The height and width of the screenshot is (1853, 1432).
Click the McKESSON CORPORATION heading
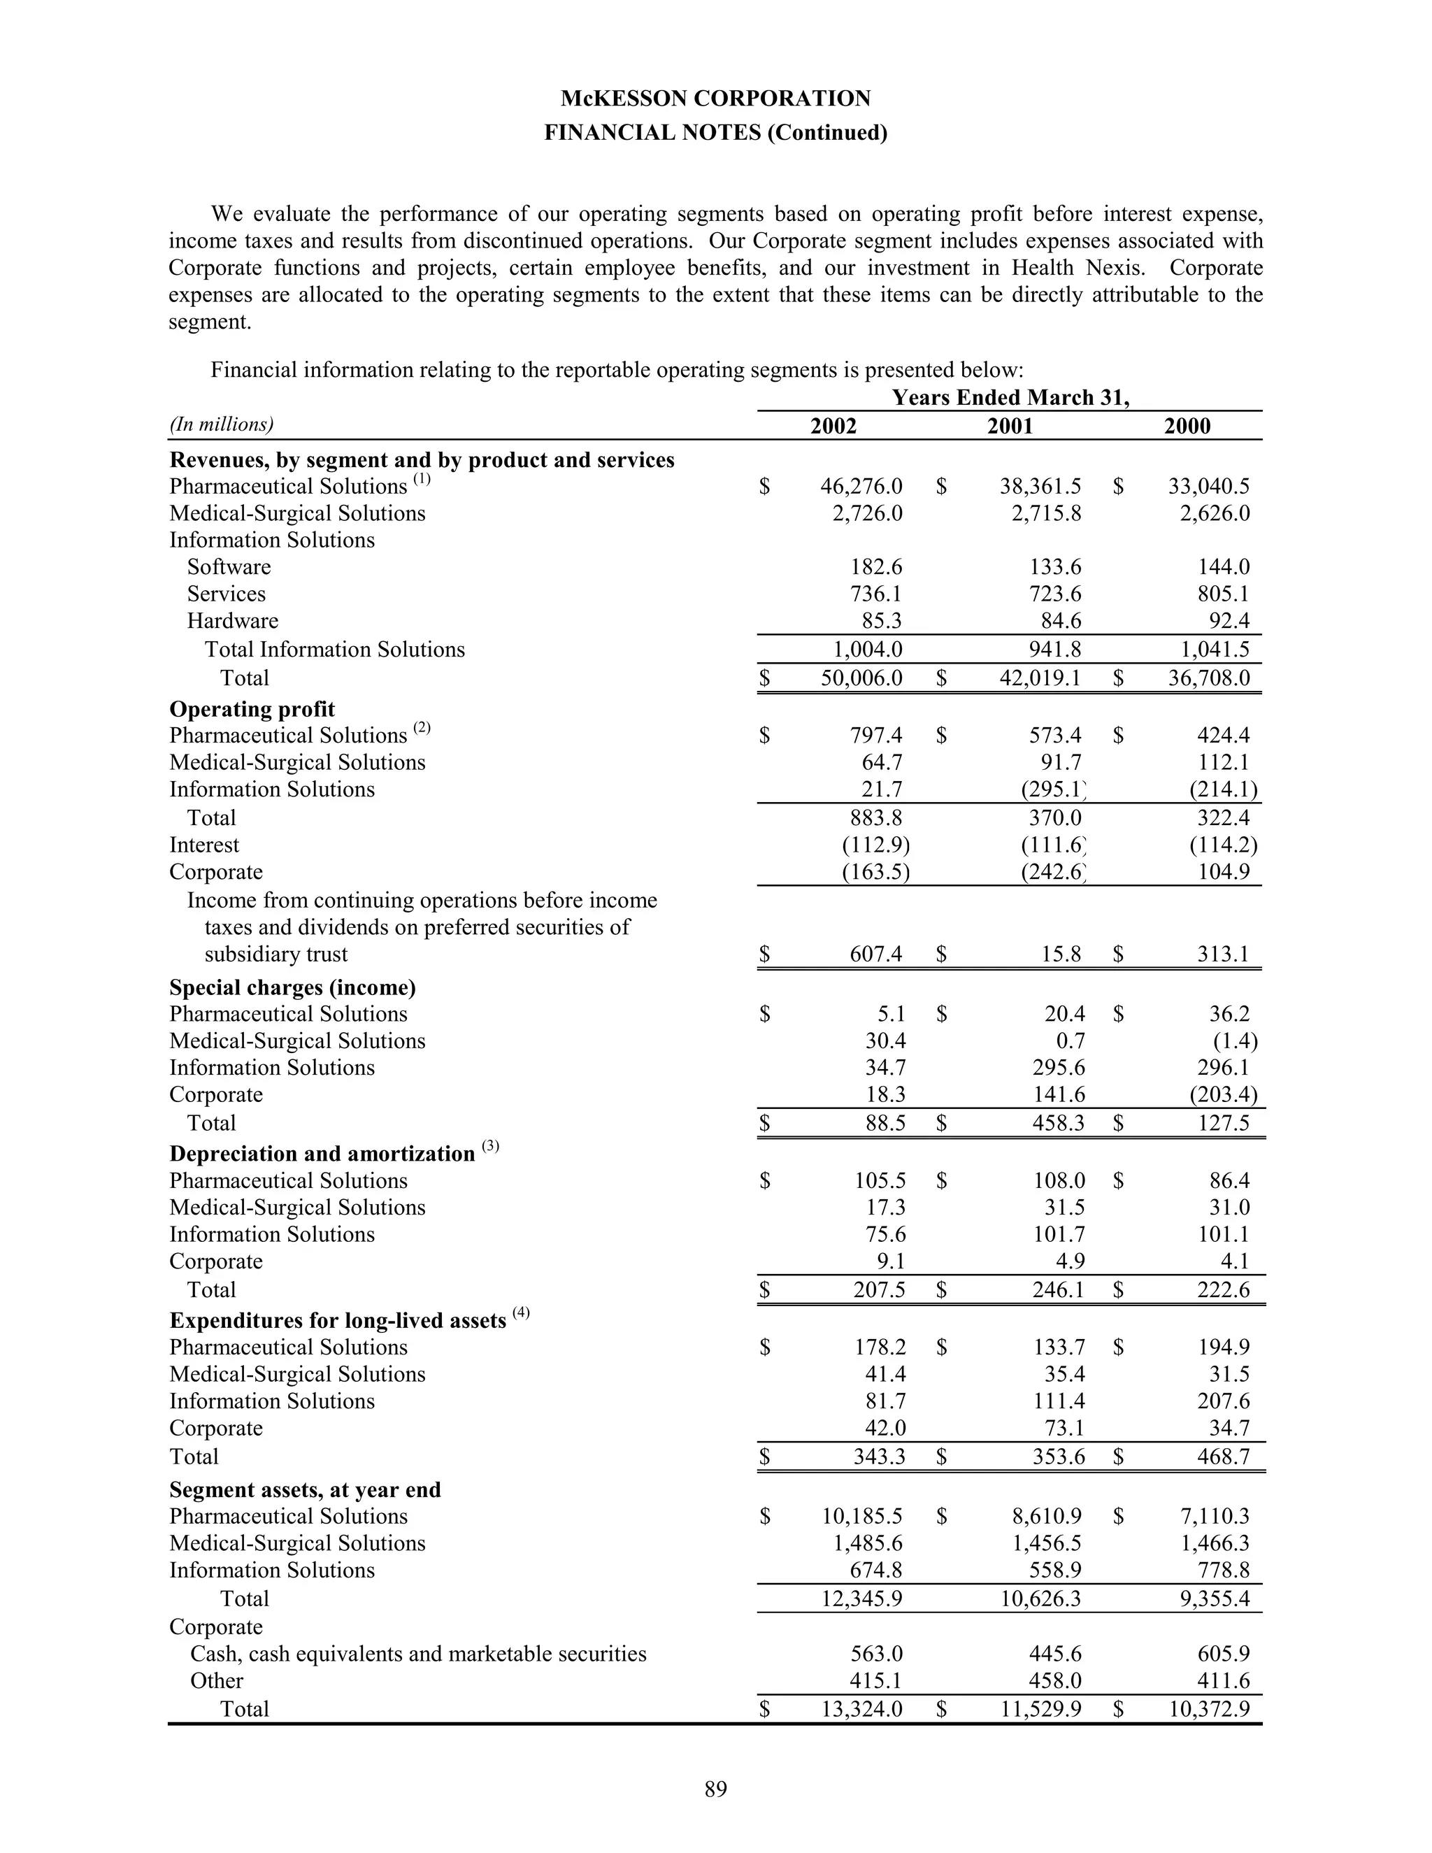pos(715,99)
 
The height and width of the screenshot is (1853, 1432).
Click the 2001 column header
pos(1010,426)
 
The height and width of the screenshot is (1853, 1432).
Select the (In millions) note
pos(222,424)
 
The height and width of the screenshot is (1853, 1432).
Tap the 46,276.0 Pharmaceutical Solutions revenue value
pos(861,486)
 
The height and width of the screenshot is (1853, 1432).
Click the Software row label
pos(229,567)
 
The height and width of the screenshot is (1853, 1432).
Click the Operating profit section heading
pos(252,709)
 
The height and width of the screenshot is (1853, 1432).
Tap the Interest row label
pos(204,845)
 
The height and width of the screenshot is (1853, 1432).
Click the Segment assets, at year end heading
pos(306,1490)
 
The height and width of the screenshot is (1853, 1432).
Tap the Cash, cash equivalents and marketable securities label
pos(418,1654)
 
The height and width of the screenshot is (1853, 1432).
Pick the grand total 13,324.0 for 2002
pos(861,1709)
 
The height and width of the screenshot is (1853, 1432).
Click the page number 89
pos(715,1789)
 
